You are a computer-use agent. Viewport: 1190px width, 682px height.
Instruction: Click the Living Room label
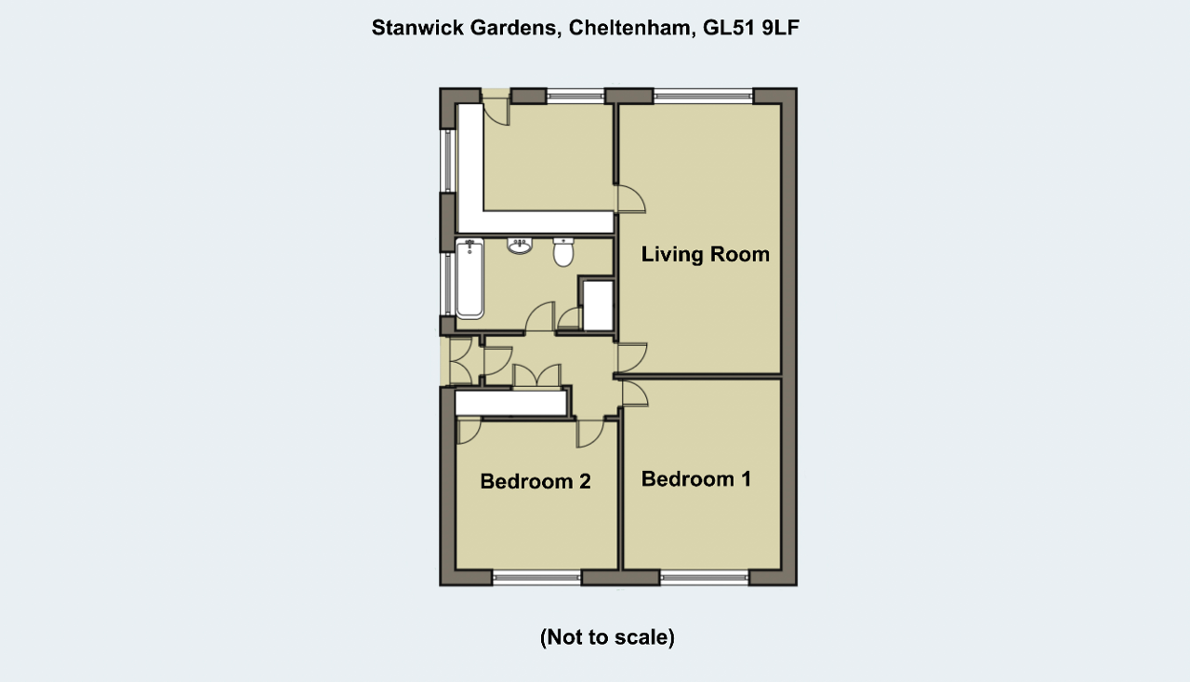click(x=705, y=254)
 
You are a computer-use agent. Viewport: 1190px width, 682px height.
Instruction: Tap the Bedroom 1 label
click(x=696, y=479)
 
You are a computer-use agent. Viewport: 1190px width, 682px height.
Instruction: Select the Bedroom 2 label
click(x=535, y=481)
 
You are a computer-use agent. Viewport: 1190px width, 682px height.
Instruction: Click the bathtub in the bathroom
click(x=469, y=278)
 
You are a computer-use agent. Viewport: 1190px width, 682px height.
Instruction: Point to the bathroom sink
click(x=519, y=247)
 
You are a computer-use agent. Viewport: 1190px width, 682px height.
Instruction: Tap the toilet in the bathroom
click(x=563, y=252)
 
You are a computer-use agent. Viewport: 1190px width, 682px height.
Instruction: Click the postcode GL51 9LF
click(x=750, y=28)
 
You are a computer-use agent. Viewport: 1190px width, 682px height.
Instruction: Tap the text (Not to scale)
click(x=607, y=636)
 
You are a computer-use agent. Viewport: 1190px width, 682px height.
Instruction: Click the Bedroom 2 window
click(x=536, y=579)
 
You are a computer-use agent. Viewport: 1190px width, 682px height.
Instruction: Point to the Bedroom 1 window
click(x=704, y=579)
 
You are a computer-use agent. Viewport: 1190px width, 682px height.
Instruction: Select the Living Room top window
click(x=704, y=96)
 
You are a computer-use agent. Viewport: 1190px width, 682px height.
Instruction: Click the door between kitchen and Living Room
click(x=630, y=199)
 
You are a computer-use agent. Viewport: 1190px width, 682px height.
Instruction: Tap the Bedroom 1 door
click(x=634, y=394)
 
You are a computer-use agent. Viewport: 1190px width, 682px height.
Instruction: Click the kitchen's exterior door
click(x=496, y=107)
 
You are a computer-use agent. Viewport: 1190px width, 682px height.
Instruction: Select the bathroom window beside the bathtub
click(x=448, y=285)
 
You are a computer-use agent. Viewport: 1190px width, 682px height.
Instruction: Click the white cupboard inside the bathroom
click(x=598, y=306)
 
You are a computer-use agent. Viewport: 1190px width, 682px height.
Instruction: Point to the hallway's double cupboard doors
click(x=536, y=376)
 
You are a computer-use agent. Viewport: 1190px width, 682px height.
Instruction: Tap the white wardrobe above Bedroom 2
click(x=511, y=403)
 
